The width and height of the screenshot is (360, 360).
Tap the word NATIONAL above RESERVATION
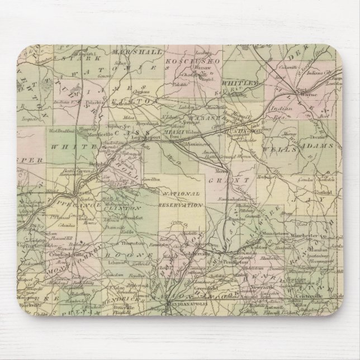(x=182, y=193)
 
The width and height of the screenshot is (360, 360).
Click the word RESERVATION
(x=182, y=205)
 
